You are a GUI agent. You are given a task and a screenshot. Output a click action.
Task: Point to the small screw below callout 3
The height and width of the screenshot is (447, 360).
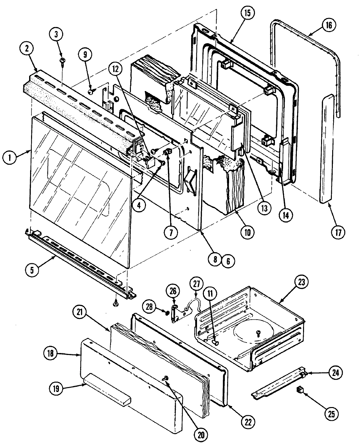[x=62, y=61]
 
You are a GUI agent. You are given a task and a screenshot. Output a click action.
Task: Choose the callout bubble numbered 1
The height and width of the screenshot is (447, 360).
[x=10, y=157]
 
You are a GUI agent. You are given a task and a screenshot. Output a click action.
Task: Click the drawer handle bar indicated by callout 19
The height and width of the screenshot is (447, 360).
[x=106, y=391]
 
